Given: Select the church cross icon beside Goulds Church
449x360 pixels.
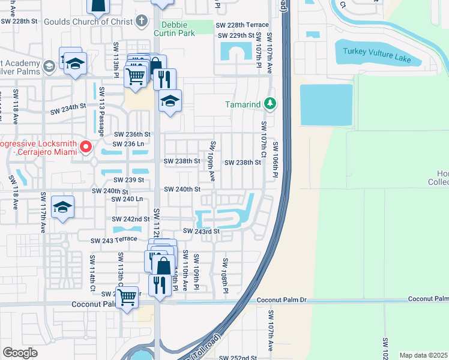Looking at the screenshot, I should (142, 21).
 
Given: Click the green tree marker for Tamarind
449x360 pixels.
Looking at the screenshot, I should (271, 104).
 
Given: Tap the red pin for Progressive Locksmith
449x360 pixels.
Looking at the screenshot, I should (86, 146).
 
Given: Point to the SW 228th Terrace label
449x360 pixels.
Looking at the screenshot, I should (243, 25).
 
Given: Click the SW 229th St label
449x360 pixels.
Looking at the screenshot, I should (240, 35).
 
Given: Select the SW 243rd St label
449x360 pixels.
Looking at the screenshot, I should (202, 231).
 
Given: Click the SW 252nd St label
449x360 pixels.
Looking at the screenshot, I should (238, 357).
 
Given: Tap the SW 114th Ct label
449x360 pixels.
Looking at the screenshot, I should (93, 268).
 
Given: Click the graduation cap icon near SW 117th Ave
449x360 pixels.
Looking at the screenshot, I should (62, 207).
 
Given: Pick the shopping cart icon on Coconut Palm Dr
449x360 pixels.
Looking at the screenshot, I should (127, 296).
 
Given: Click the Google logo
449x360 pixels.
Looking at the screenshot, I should (20, 353).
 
